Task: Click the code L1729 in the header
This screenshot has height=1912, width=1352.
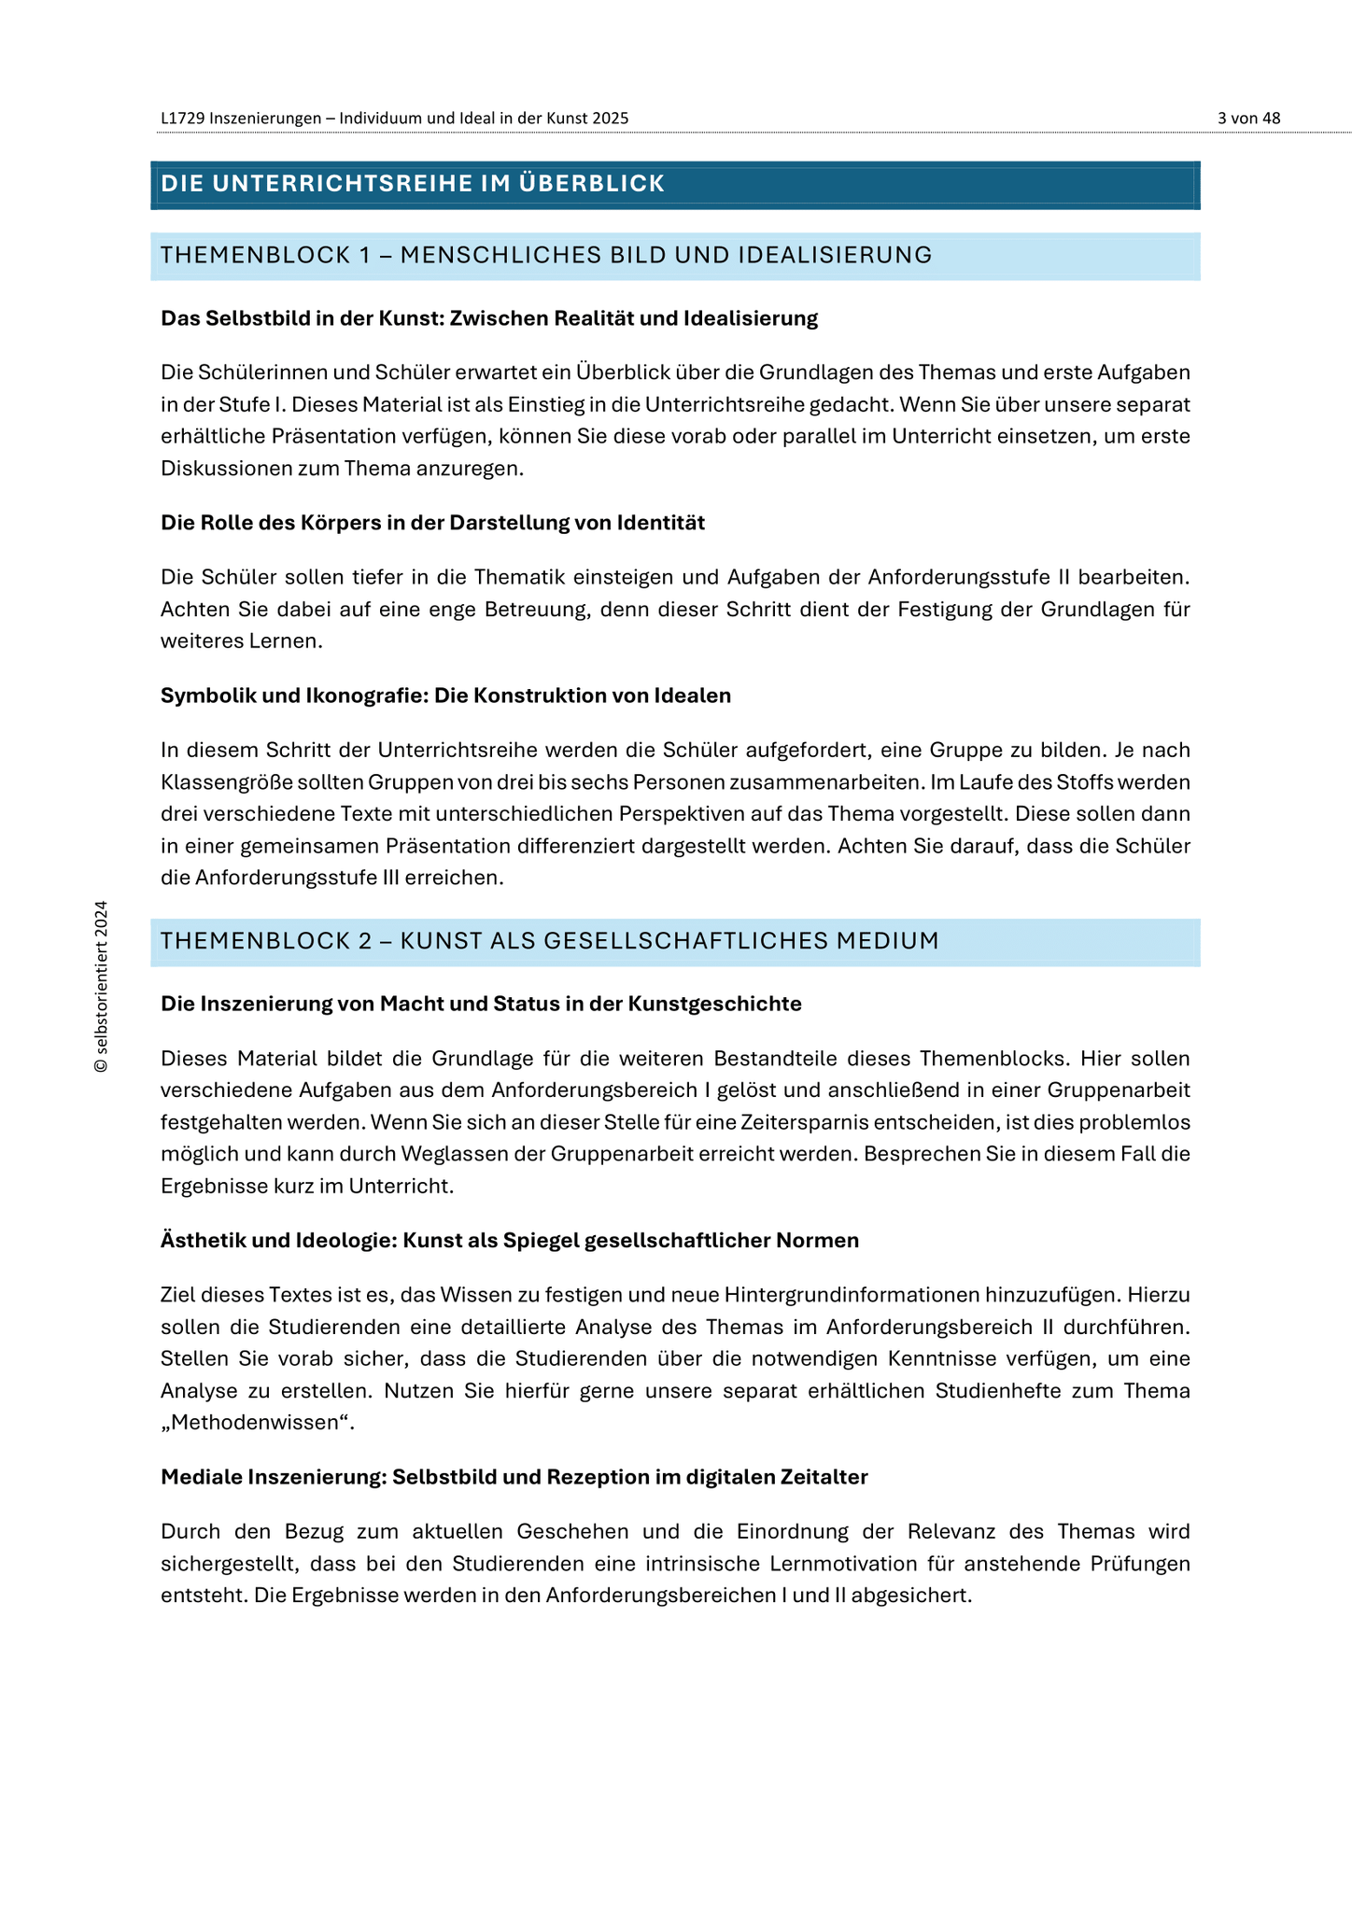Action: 182,119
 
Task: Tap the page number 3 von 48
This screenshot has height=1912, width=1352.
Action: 1248,119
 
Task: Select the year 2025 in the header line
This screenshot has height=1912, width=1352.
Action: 611,119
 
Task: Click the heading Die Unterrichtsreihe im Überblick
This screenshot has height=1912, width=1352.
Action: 412,184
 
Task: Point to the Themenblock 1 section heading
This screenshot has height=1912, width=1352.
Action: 546,255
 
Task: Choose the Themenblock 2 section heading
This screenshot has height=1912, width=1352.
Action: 549,941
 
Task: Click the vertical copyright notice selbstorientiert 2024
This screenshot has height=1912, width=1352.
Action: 102,986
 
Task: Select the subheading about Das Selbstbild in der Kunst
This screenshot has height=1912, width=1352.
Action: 488,318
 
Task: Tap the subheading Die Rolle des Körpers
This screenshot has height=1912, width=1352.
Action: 432,523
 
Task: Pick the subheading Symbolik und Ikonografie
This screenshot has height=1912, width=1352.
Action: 445,696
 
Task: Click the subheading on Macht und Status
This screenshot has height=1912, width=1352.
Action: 481,1004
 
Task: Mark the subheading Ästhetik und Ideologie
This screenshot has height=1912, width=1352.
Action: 509,1241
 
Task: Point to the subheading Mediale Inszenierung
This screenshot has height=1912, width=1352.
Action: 514,1477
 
